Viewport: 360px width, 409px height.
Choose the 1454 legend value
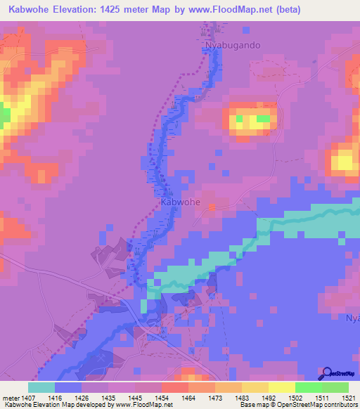click(134, 398)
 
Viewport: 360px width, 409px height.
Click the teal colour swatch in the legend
click(41, 387)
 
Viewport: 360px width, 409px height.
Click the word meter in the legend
click(11, 398)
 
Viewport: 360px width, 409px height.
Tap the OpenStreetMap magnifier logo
click(326, 372)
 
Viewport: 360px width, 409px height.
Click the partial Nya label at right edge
click(352, 318)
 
